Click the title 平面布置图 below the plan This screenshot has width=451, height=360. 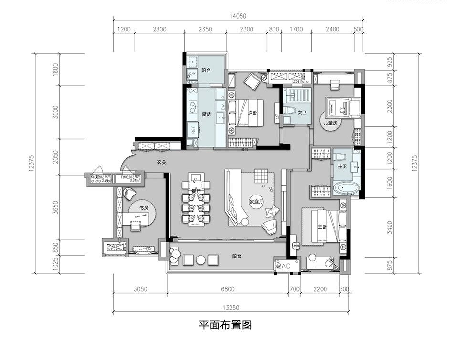[x=225, y=326]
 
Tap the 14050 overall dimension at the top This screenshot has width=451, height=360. [x=237, y=16]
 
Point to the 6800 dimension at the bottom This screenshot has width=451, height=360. [x=228, y=289]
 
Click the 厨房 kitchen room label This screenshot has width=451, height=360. [x=206, y=114]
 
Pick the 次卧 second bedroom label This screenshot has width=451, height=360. [x=253, y=113]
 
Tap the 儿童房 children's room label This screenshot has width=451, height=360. [x=330, y=123]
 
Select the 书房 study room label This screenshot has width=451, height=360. [x=145, y=208]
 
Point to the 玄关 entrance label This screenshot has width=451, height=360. [x=162, y=162]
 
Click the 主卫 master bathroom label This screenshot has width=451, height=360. [x=342, y=167]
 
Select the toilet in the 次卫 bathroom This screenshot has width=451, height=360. [x=291, y=112]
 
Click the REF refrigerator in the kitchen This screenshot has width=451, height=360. [x=193, y=127]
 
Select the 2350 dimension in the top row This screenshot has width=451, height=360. [x=205, y=30]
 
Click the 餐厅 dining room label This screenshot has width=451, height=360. [x=194, y=191]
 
